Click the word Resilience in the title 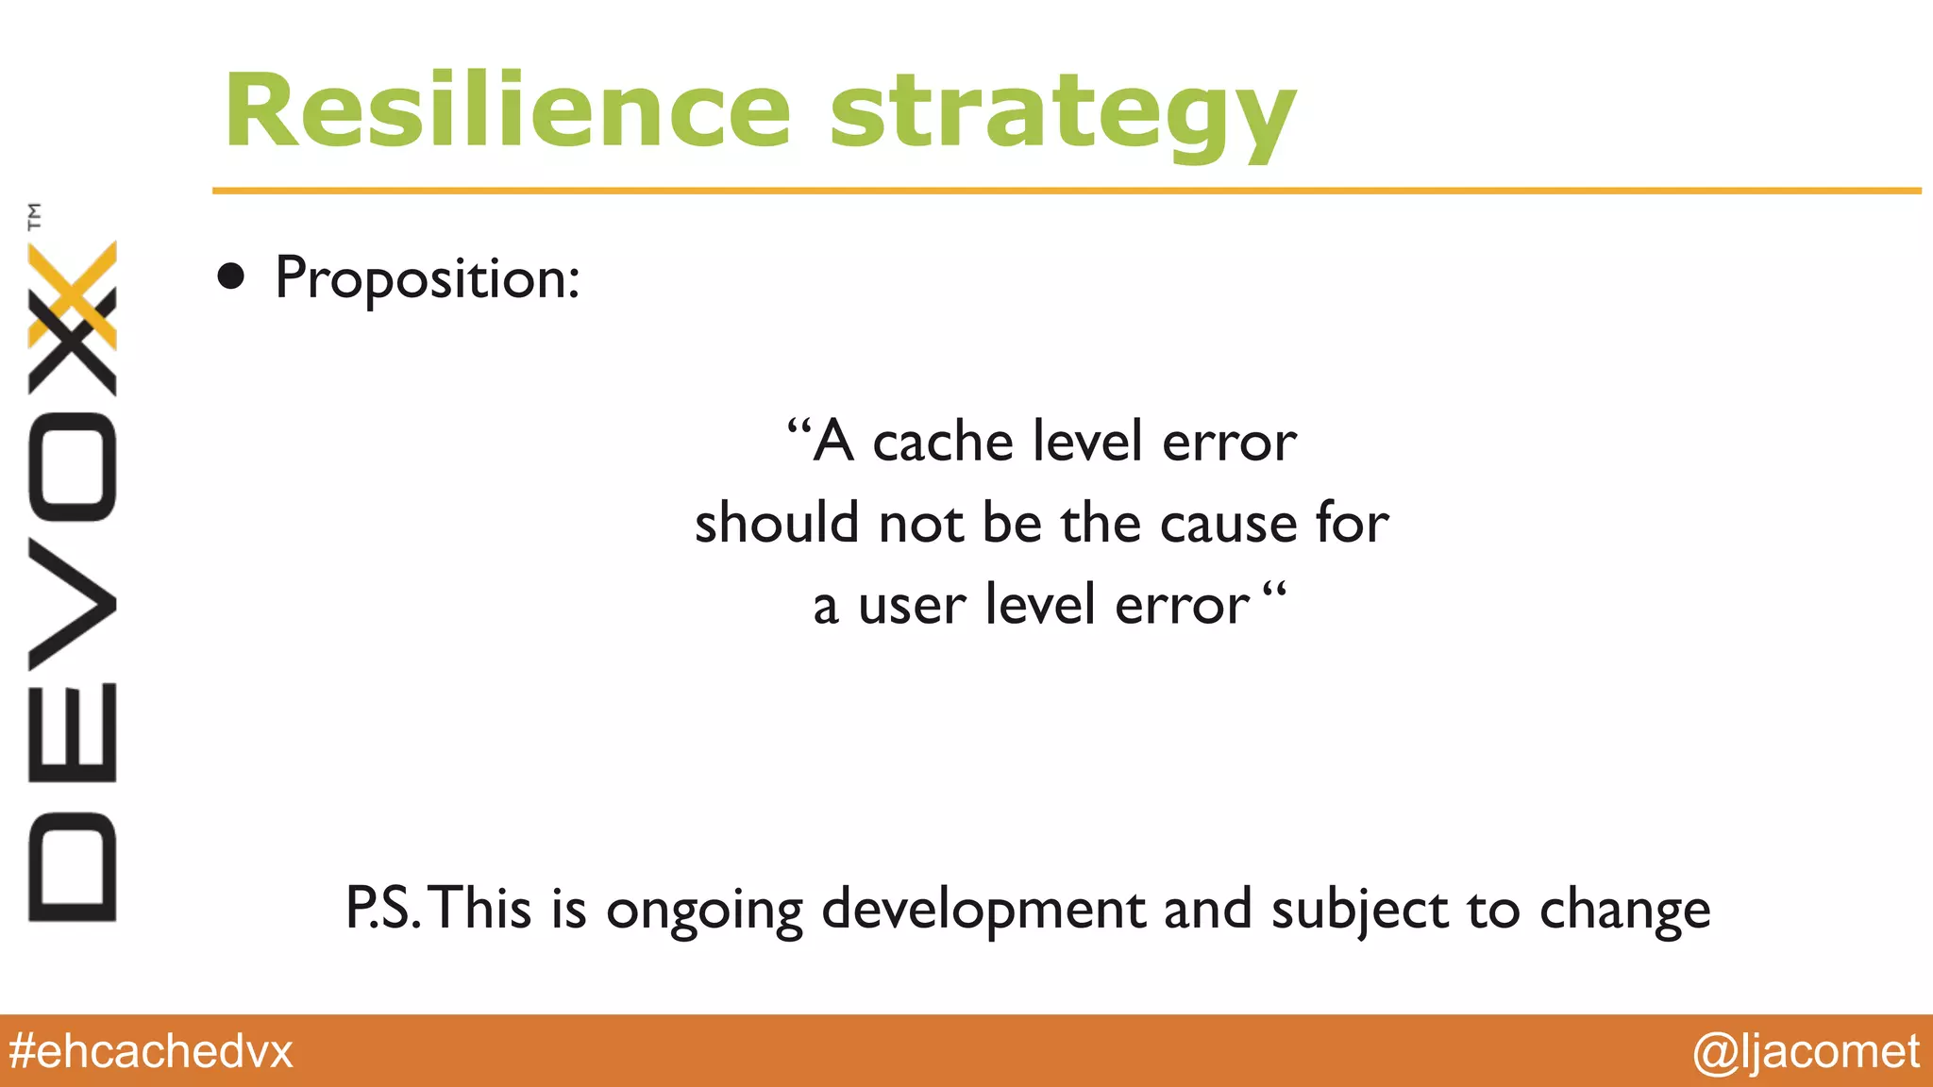coord(507,110)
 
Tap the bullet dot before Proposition coord(230,277)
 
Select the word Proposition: coord(428,279)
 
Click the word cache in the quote coord(943,442)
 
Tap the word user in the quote coord(912,605)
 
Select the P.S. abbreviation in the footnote coord(382,908)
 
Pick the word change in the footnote coord(1624,911)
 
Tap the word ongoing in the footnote coord(704,911)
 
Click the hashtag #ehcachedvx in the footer coord(151,1051)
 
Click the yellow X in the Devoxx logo coord(73,294)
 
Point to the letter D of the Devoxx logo coord(73,866)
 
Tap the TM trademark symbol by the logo coord(35,216)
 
